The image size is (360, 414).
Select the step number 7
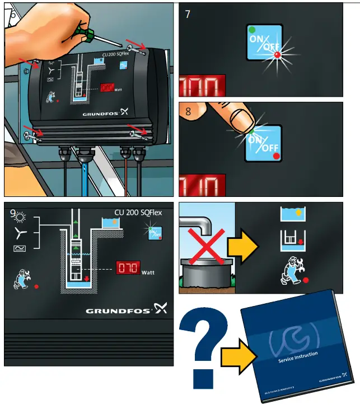click(188, 14)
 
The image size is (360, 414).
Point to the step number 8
click(188, 111)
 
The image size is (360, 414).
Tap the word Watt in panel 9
click(148, 272)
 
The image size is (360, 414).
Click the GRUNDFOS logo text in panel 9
click(118, 310)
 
